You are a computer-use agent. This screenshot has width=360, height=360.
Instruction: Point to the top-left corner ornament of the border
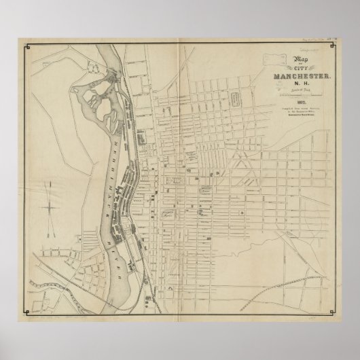click(27, 47)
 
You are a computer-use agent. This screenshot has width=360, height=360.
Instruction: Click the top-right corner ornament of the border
click(333, 47)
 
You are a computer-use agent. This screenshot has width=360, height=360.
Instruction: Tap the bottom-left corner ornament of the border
click(27, 312)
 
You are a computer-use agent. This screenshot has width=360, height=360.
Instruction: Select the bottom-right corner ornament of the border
click(333, 312)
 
